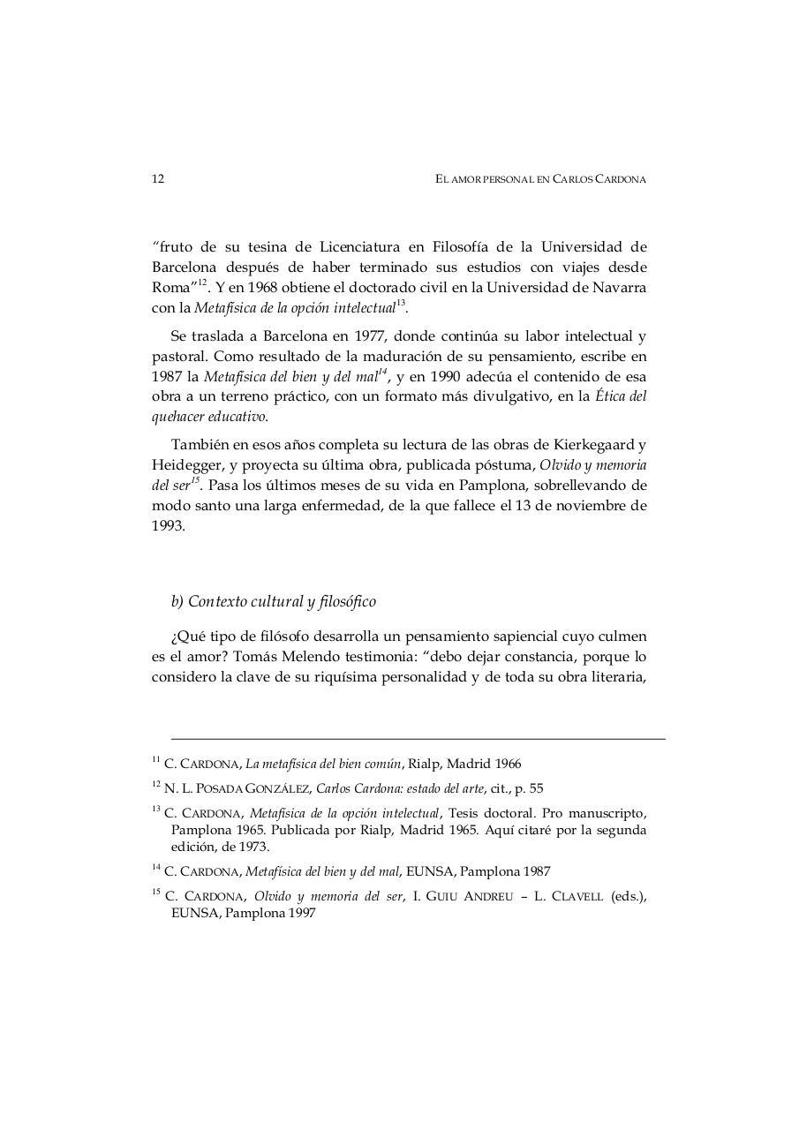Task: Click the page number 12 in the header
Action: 158,179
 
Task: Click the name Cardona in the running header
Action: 618,179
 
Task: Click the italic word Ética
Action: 611,396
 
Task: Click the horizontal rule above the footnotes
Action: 418,739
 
